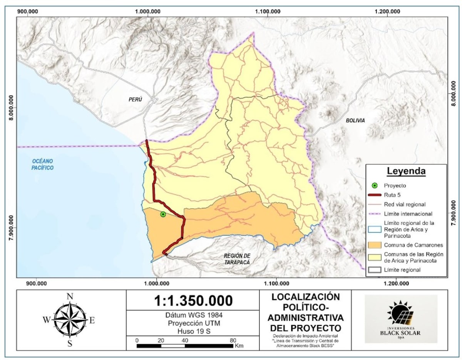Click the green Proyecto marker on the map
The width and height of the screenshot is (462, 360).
[163, 214]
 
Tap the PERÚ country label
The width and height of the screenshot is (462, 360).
[135, 99]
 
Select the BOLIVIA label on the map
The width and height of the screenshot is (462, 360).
[355, 120]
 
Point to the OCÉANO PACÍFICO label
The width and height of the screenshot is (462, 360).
[43, 164]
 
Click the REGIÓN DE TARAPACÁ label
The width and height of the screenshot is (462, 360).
[237, 259]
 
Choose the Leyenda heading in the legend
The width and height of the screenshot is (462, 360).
[406, 171]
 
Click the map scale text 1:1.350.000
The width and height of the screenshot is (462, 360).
[193, 300]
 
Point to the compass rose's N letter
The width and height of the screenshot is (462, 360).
[70, 296]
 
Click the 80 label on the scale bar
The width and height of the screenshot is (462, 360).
[232, 340]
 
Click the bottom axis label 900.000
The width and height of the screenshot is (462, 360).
[36, 284]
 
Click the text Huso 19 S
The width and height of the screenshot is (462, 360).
[193, 331]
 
